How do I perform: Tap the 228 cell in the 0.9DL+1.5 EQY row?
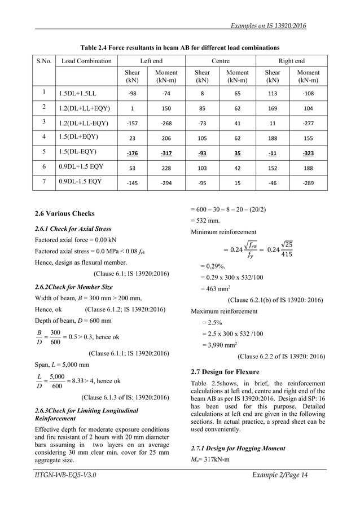(166, 166)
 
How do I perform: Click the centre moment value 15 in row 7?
(237, 181)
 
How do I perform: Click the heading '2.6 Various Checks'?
(64, 214)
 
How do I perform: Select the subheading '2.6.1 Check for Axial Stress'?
(73, 229)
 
